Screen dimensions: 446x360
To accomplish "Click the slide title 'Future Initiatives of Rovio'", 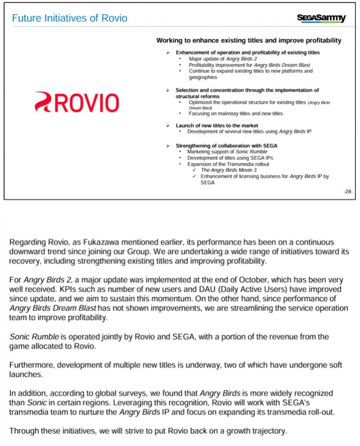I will [x=69, y=18].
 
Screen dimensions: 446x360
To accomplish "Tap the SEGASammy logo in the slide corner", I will [x=321, y=18].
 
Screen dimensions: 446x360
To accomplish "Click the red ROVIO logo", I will [x=77, y=102].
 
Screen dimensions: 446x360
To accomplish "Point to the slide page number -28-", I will [x=348, y=191].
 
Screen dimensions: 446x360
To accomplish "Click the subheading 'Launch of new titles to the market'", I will [x=217, y=125].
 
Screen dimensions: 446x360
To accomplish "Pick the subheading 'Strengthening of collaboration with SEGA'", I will [x=226, y=146].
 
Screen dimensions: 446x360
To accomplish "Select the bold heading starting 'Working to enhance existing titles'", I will [x=248, y=41].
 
